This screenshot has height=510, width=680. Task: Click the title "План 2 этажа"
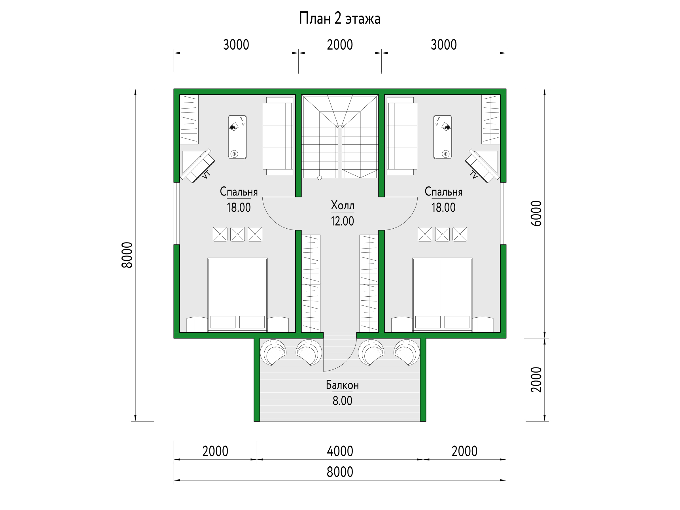click(340, 18)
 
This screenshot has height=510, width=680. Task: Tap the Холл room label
click(343, 205)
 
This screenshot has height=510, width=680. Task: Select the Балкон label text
click(343, 385)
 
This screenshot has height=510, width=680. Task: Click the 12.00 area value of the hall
click(343, 221)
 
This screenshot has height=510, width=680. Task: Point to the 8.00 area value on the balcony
click(343, 401)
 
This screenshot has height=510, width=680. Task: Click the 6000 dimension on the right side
click(536, 213)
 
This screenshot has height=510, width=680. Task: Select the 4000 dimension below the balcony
click(340, 451)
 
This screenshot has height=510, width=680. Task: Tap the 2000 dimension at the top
click(340, 45)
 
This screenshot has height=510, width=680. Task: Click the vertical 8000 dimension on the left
click(127, 255)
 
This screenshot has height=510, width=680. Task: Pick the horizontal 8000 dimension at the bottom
click(340, 472)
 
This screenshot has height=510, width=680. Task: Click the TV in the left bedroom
click(197, 166)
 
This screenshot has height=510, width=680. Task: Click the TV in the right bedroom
click(482, 166)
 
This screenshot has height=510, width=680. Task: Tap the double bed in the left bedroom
click(238, 295)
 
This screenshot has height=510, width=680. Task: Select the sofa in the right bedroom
click(402, 136)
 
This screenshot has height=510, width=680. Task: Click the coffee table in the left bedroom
click(237, 137)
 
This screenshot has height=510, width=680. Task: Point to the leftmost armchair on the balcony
click(273, 352)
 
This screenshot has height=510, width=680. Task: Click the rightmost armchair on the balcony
click(407, 352)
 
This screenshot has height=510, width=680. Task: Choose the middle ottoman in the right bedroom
click(442, 234)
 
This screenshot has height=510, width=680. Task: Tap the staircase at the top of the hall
click(340, 136)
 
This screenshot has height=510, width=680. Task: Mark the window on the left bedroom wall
click(177, 214)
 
